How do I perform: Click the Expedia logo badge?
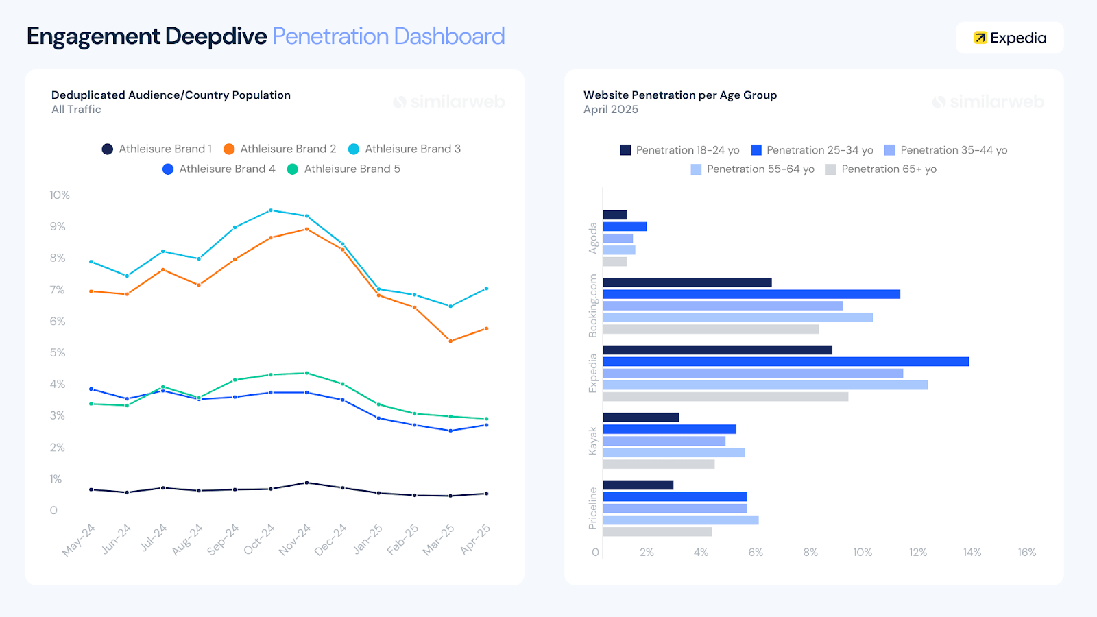(x=1009, y=38)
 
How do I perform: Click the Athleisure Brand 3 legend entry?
(x=405, y=149)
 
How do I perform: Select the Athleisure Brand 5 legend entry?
(x=343, y=169)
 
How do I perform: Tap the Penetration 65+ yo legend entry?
(x=881, y=169)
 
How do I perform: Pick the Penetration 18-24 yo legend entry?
(x=679, y=150)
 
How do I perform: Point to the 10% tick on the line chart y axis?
(x=60, y=195)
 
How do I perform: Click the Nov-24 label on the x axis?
(x=295, y=540)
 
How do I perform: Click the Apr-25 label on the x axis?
(x=475, y=540)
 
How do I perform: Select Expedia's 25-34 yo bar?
(x=785, y=361)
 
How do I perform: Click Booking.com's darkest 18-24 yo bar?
(x=687, y=282)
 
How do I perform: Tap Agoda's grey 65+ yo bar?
(x=614, y=262)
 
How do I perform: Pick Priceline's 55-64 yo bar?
(x=680, y=520)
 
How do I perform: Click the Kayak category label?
(x=593, y=441)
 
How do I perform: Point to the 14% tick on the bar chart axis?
(x=972, y=553)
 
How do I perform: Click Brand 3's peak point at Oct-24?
(x=271, y=210)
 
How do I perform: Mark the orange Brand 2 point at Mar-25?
(x=450, y=341)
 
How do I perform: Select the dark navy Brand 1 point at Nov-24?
(x=306, y=483)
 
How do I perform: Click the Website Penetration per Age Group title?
(x=679, y=95)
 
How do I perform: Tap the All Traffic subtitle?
(x=76, y=110)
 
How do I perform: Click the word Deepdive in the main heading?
(x=216, y=36)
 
